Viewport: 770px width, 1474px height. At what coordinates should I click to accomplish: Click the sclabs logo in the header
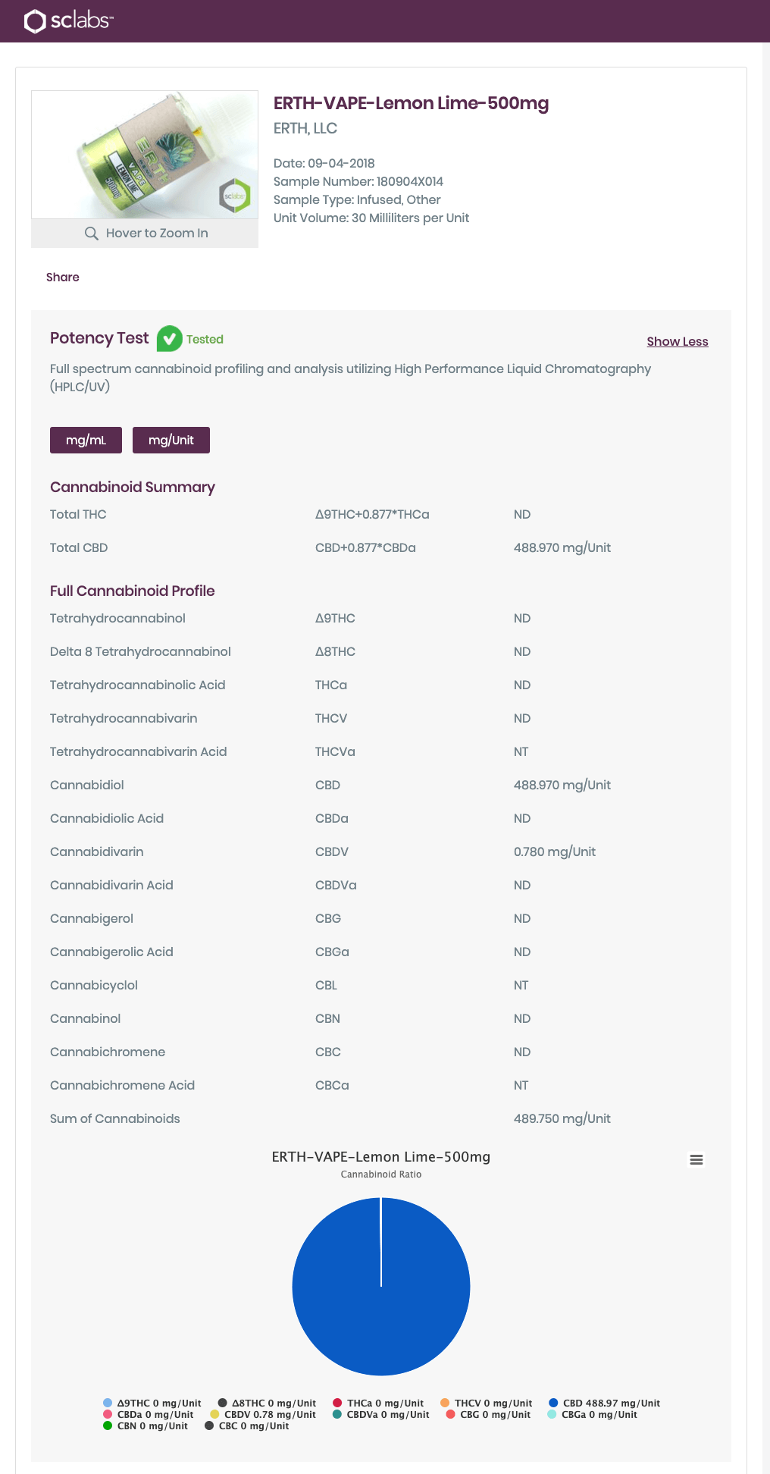(x=68, y=20)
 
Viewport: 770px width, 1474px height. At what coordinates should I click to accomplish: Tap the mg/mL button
(x=86, y=441)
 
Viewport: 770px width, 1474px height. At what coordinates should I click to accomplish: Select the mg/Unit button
(x=171, y=441)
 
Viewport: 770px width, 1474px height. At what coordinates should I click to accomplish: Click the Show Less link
(x=677, y=342)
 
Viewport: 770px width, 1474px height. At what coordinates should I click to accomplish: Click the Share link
(x=62, y=278)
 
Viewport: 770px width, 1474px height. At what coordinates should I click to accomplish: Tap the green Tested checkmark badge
(x=169, y=339)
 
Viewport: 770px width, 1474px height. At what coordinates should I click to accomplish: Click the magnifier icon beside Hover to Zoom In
(x=92, y=234)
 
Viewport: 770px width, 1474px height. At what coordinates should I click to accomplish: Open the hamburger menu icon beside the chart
(x=696, y=1159)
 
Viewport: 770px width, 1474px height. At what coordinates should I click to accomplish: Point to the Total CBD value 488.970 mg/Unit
(x=562, y=548)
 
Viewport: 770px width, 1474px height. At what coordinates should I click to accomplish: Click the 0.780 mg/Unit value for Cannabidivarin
(x=554, y=852)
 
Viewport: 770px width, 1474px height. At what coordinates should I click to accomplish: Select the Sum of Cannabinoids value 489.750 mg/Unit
(x=562, y=1119)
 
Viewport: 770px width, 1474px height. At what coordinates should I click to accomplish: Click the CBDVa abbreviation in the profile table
(x=335, y=886)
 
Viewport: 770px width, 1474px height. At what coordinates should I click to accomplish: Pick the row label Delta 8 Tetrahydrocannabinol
(x=140, y=652)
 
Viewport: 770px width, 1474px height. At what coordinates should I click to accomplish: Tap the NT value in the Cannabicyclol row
(x=521, y=986)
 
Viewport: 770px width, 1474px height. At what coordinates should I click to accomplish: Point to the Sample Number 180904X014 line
(x=358, y=182)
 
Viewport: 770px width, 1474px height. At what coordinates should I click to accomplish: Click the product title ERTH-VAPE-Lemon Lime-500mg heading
(x=411, y=104)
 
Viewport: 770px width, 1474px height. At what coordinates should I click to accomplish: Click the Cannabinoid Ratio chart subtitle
(x=380, y=1174)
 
